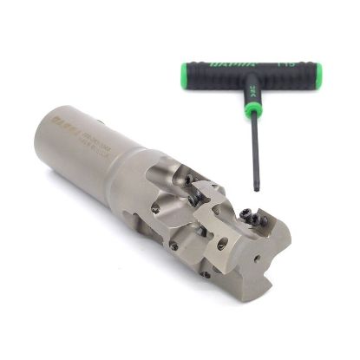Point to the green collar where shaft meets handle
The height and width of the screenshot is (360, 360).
[251, 111]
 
